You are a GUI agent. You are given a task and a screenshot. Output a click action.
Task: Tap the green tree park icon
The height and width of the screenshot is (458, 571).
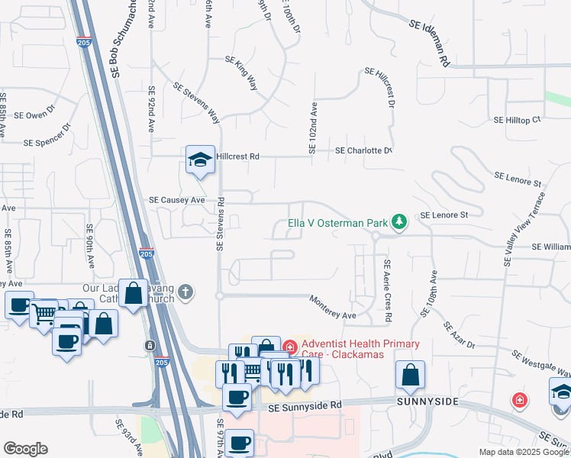click(x=398, y=222)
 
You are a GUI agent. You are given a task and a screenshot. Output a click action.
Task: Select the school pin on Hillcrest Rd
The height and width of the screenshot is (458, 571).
click(x=198, y=160)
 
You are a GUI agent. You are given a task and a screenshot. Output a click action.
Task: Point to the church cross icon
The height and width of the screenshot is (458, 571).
click(x=185, y=292)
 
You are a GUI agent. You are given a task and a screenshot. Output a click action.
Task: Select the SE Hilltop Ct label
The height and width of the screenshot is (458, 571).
click(x=517, y=120)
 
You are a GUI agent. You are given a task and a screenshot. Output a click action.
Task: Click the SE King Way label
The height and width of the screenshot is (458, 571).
click(x=241, y=73)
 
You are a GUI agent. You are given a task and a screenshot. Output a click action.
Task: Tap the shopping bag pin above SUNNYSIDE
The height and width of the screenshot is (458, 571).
click(x=410, y=375)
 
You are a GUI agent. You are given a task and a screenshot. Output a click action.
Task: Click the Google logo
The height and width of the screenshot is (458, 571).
click(x=25, y=449)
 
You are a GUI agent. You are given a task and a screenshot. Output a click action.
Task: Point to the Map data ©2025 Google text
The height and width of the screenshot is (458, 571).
click(x=523, y=452)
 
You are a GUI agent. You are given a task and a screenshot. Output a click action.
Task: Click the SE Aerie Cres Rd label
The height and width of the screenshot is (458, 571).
click(x=388, y=290)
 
